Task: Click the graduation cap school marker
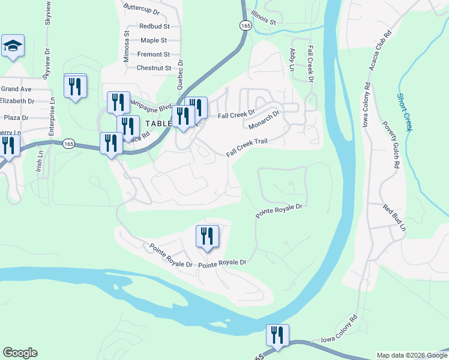[13, 46]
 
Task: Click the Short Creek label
[404, 112]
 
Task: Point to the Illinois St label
[263, 17]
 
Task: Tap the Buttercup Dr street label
[141, 11]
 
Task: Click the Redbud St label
[154, 26]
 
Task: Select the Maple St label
[154, 40]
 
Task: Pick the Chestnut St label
[154, 68]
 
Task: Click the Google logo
[20, 353]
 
